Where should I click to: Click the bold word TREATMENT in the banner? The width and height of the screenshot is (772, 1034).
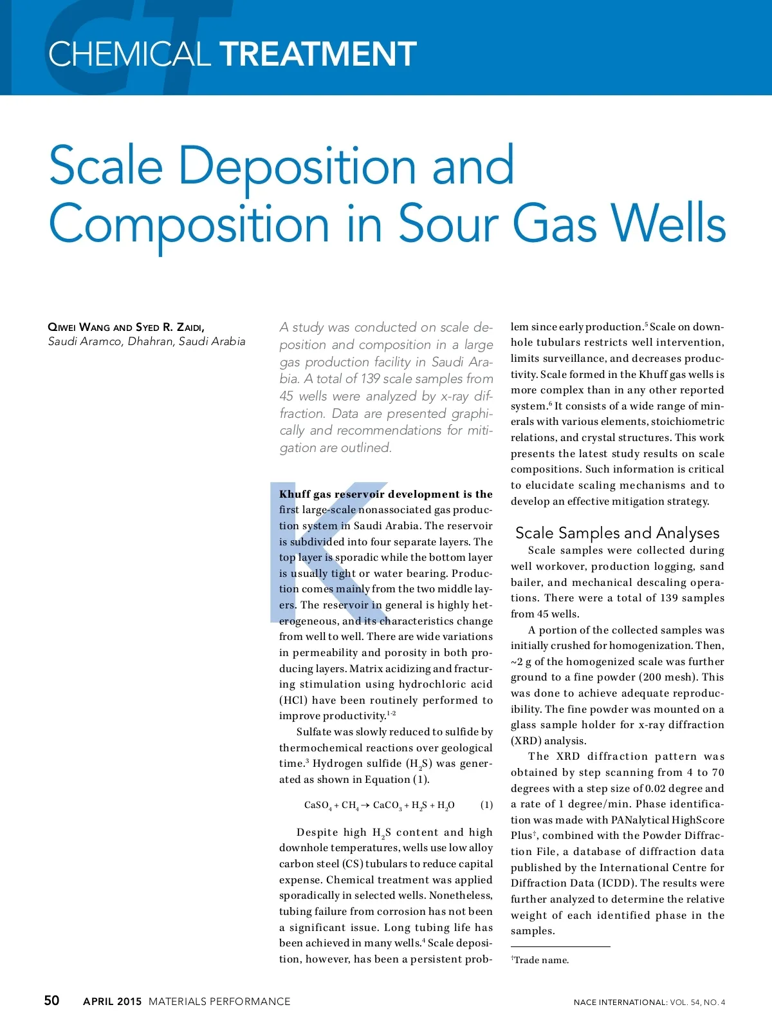[x=319, y=54]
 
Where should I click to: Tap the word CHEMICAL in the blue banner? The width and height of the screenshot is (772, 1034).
[x=129, y=54]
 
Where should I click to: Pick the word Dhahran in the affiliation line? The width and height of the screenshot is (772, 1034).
[x=151, y=341]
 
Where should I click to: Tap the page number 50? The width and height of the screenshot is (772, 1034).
[x=51, y=1001]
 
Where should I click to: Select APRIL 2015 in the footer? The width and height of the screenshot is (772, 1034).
[x=112, y=1002]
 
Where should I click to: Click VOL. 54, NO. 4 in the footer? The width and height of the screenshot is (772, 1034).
[x=697, y=1002]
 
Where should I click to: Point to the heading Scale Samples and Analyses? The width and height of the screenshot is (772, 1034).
[x=617, y=533]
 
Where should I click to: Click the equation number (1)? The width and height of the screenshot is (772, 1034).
[x=486, y=805]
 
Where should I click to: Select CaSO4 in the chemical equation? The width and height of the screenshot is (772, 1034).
[x=318, y=805]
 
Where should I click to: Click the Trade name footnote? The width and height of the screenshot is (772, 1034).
[x=540, y=960]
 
